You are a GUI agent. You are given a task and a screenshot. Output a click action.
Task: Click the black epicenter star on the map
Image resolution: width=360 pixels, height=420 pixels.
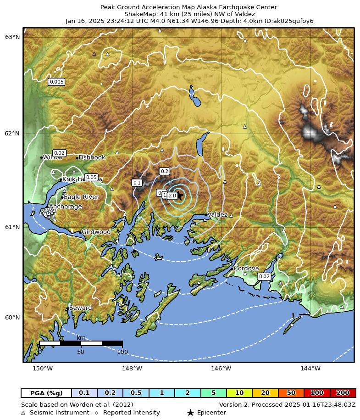coord(179,196)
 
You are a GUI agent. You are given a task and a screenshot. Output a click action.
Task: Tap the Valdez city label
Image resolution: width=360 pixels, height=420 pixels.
coord(217,214)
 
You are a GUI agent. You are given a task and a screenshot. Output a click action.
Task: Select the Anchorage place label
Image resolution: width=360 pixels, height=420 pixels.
coord(65,207)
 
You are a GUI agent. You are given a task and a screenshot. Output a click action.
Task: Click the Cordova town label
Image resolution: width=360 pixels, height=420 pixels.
coord(246,269)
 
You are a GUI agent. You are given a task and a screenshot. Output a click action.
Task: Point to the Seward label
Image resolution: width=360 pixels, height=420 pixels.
coord(80,308)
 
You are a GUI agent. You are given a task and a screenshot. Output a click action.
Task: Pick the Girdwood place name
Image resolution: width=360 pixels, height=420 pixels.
coord(96,232)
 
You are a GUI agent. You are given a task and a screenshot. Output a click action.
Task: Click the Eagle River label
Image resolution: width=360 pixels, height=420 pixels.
coord(81,197)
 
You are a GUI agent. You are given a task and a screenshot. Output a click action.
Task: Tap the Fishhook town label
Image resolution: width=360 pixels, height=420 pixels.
coord(92,157)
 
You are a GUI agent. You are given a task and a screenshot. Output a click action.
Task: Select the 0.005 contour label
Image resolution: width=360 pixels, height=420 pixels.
coord(56,82)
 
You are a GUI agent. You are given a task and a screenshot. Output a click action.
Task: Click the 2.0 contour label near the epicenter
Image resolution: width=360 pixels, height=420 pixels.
coord(172,196)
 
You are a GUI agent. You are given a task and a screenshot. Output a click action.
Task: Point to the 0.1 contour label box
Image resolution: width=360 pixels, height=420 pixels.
coord(137,183)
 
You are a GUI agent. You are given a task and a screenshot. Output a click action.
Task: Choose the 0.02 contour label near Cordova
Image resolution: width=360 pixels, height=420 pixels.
coord(264,276)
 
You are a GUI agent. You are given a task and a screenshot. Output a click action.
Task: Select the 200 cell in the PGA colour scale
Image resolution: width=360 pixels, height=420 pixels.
coord(343,393)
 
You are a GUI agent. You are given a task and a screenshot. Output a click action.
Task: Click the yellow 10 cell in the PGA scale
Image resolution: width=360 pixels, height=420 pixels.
coord(239,393)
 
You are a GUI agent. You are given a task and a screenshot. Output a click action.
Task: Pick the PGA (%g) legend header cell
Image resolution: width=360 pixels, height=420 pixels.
coord(46,393)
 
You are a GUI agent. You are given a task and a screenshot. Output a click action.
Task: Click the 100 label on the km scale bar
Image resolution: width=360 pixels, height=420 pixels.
coord(122,352)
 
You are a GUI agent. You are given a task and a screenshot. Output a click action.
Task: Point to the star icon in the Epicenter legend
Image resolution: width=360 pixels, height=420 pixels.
coord(190,413)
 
